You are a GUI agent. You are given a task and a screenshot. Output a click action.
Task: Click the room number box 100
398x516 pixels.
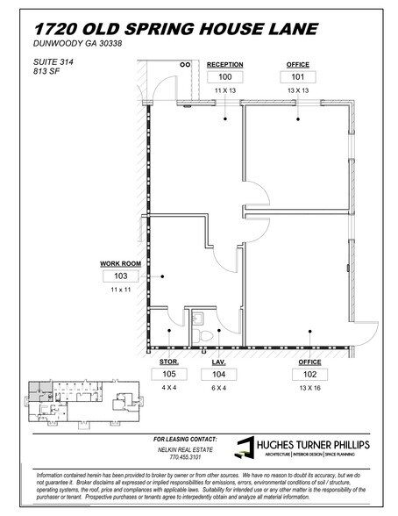coord(224,76)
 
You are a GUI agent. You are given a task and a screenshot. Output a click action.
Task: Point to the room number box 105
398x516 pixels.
coord(169,373)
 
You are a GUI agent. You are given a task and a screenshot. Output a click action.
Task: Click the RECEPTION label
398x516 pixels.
coord(224,64)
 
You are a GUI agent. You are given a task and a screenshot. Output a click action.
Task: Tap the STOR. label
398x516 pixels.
coord(169,360)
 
